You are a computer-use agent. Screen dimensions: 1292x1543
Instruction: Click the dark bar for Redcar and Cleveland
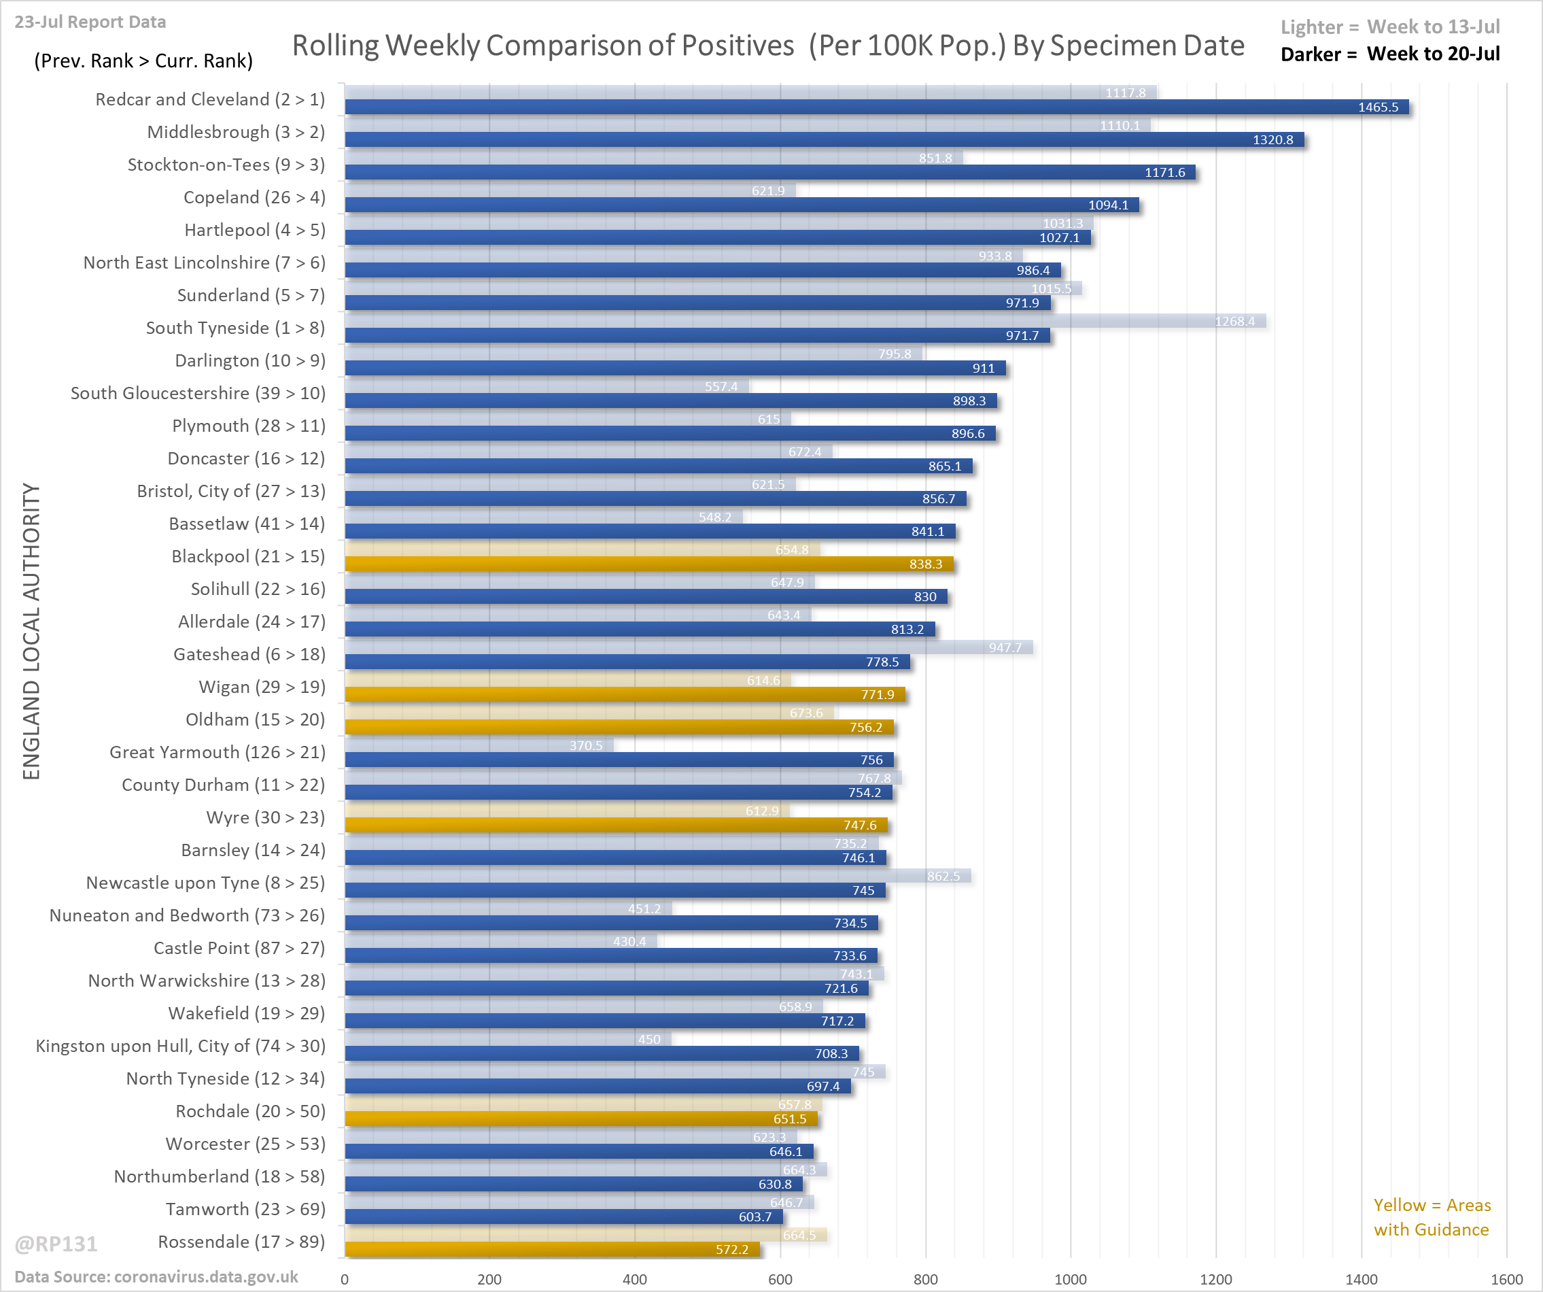874,107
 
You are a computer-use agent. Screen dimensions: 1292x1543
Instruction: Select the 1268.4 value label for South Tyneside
1234,321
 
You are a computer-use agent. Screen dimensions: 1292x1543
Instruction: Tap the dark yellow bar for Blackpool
646,564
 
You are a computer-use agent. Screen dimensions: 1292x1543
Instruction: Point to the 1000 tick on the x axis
1071,1280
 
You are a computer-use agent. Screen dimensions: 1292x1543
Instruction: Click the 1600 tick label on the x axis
1506,1280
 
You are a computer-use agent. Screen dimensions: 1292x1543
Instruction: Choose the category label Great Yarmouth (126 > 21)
217,753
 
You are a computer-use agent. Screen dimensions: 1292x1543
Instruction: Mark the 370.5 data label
586,746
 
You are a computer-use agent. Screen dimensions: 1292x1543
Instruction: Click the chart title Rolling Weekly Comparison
768,46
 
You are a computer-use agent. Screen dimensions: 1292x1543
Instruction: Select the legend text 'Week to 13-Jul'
1433,27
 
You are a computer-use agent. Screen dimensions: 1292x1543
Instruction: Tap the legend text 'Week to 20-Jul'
1433,54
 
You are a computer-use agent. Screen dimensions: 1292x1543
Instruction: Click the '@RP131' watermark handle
56,1244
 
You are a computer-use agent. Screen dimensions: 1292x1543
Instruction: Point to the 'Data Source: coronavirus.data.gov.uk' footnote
156,1277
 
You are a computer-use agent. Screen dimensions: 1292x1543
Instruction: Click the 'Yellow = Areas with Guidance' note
1432,1217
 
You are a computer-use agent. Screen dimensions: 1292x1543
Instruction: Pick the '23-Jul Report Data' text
90,22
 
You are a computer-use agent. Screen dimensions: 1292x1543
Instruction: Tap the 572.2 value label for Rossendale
732,1249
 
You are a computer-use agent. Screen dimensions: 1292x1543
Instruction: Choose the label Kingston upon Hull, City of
180,1046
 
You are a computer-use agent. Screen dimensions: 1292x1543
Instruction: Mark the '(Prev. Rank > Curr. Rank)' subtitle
143,61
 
